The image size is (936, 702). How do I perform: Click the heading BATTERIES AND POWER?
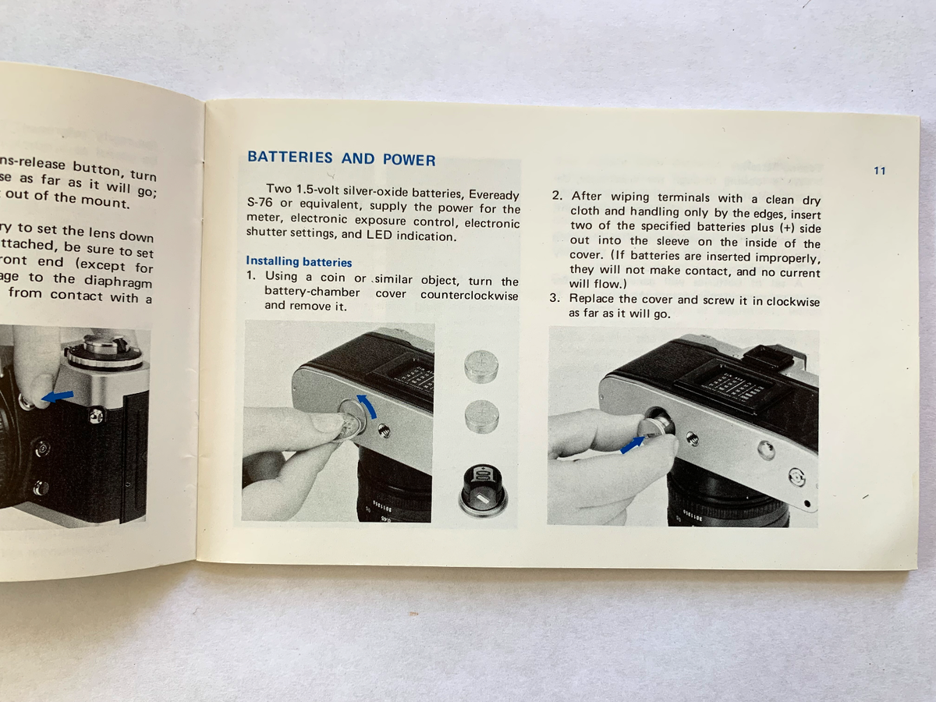point(341,158)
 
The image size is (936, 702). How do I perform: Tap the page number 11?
point(879,171)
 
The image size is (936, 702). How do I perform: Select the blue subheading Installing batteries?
point(299,262)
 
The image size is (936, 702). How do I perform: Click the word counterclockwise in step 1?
point(469,295)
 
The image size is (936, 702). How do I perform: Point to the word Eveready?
point(494,193)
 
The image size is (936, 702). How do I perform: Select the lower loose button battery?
point(481,417)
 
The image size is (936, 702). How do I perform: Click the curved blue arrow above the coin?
point(366,406)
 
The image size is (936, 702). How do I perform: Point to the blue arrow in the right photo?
point(633,445)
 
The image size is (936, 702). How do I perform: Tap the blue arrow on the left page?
point(57,397)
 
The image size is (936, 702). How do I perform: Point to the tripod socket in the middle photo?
point(383,429)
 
